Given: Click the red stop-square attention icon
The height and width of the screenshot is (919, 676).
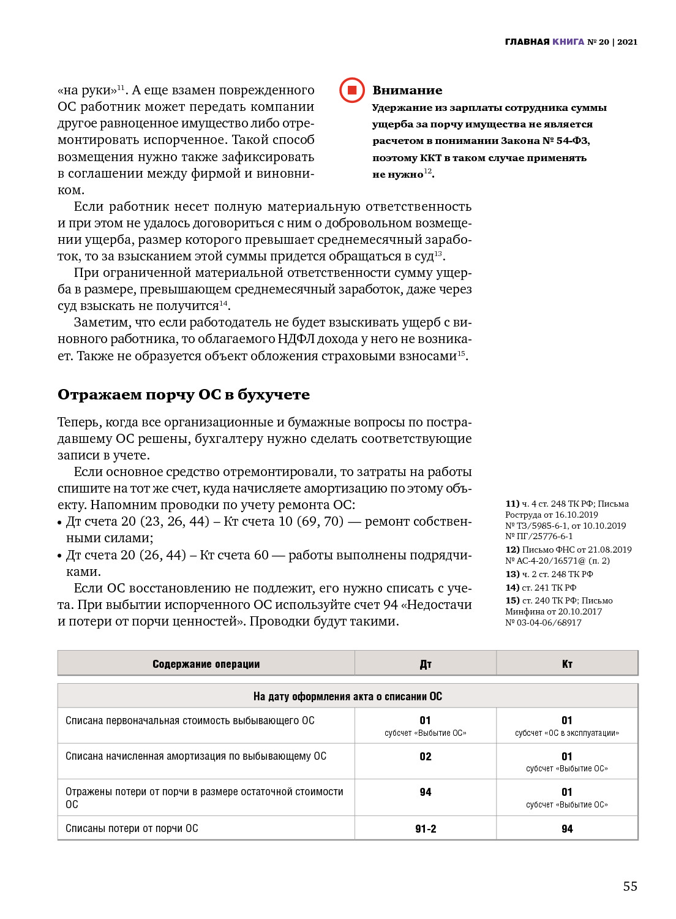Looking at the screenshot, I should [352, 90].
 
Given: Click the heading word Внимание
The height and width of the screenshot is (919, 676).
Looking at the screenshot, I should [407, 91].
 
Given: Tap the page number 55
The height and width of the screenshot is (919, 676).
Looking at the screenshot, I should [630, 886].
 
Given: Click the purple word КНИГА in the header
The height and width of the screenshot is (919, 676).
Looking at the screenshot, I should [568, 42].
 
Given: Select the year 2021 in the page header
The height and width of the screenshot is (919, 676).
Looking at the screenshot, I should [627, 42].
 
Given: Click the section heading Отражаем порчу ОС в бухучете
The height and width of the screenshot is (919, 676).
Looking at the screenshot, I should [184, 395].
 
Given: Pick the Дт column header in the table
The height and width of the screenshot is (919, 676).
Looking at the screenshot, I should [426, 664].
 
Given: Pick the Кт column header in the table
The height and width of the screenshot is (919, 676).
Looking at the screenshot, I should [567, 664].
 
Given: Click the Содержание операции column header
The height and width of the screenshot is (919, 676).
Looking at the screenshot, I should [206, 664].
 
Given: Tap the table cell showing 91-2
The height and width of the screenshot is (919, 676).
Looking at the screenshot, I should [426, 829].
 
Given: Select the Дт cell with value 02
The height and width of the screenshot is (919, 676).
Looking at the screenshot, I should [426, 757].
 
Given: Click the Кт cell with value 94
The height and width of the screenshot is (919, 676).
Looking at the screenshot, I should [567, 829].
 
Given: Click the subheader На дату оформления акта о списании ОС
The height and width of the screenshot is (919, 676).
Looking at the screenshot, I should [347, 697].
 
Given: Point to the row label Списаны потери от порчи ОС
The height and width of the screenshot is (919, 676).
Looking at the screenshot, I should [132, 828].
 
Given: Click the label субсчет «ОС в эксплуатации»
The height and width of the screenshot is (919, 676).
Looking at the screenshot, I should [567, 733].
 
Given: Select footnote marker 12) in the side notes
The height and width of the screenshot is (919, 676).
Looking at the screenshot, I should [513, 550].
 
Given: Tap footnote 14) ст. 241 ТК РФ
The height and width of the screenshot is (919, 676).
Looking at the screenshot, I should [541, 588].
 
